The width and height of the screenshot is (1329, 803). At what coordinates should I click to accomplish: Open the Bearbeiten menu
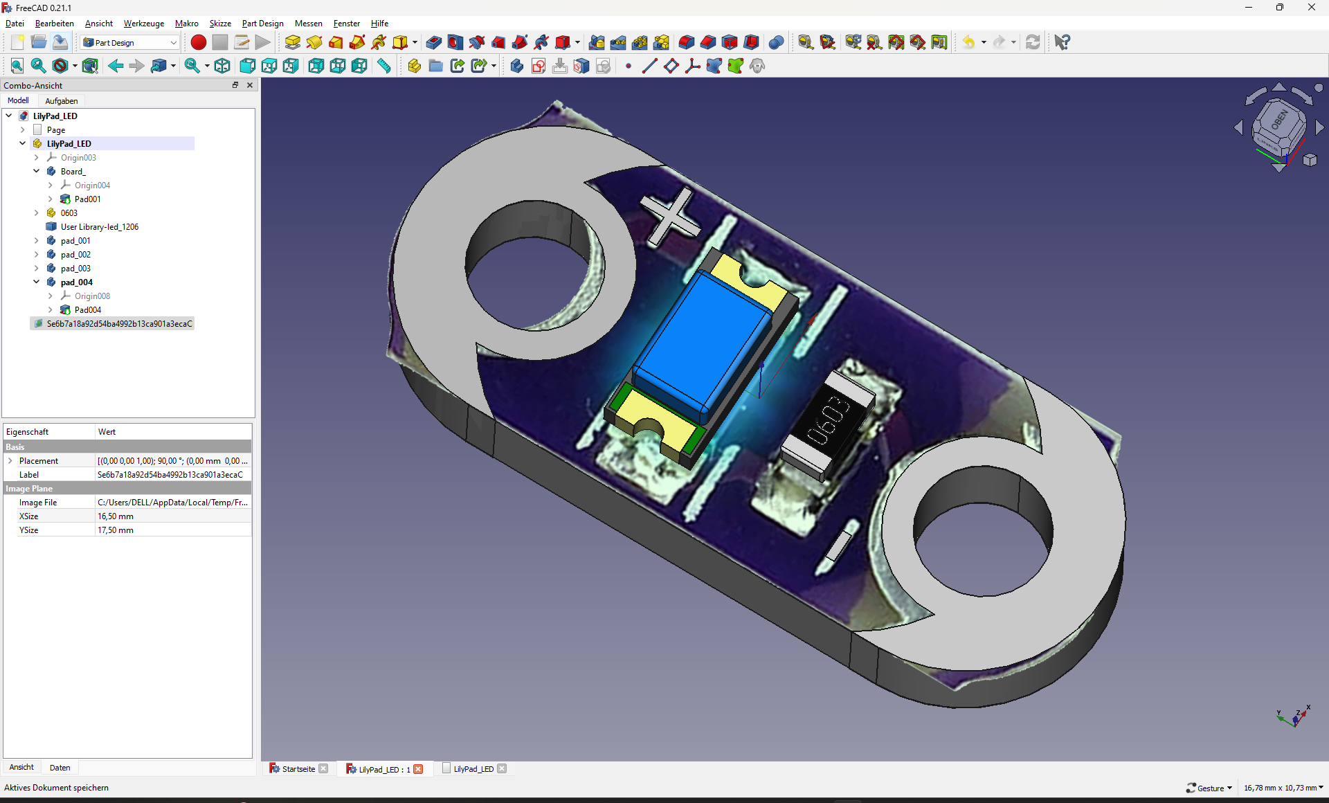54,24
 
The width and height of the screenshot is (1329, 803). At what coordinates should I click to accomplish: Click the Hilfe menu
379,24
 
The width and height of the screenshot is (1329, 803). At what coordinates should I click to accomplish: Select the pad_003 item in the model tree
75,269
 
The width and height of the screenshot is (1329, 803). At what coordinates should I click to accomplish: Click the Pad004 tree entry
88,310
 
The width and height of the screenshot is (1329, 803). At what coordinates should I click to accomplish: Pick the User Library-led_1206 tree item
100,227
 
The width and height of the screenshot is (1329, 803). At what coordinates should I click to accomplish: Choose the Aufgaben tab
62,101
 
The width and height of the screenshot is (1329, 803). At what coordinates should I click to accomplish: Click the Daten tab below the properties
60,768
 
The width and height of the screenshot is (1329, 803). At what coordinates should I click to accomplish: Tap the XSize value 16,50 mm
116,516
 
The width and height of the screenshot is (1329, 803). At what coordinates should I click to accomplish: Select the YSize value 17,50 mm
116,530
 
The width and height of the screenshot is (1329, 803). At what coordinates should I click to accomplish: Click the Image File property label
38,503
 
